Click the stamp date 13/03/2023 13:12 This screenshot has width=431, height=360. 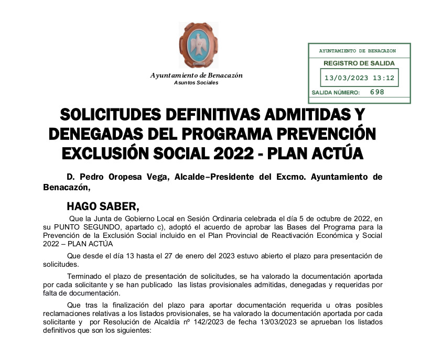(x=359, y=78)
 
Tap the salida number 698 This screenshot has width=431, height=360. (x=377, y=92)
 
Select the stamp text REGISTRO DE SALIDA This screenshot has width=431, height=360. (x=359, y=63)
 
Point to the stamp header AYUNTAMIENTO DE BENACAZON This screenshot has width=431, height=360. (x=357, y=51)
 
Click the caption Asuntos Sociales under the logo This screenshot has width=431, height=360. (x=196, y=83)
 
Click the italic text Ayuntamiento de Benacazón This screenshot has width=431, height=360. (x=197, y=75)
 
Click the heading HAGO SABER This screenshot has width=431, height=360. (x=103, y=205)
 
